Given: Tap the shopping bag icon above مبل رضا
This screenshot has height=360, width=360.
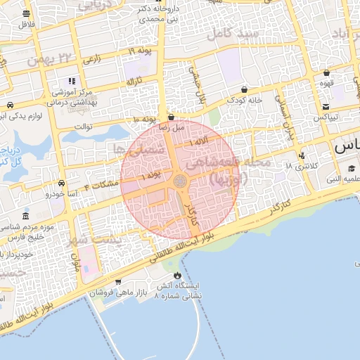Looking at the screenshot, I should [171, 117].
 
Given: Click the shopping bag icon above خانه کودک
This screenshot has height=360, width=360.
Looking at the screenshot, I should [244, 90].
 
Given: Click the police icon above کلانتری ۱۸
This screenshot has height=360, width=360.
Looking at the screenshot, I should [302, 155].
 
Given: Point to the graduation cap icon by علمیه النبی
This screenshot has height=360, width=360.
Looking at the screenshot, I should [351, 168].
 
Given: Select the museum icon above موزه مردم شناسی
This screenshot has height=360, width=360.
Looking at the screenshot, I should [25, 216].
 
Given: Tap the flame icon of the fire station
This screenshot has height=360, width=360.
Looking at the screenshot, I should [177, 274].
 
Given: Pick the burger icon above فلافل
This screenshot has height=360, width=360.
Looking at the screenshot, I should [26, 13].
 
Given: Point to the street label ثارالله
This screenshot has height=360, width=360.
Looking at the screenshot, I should [134, 82].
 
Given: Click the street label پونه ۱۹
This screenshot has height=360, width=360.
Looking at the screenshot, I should [140, 50].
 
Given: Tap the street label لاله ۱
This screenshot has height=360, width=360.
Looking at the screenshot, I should [199, 143].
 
